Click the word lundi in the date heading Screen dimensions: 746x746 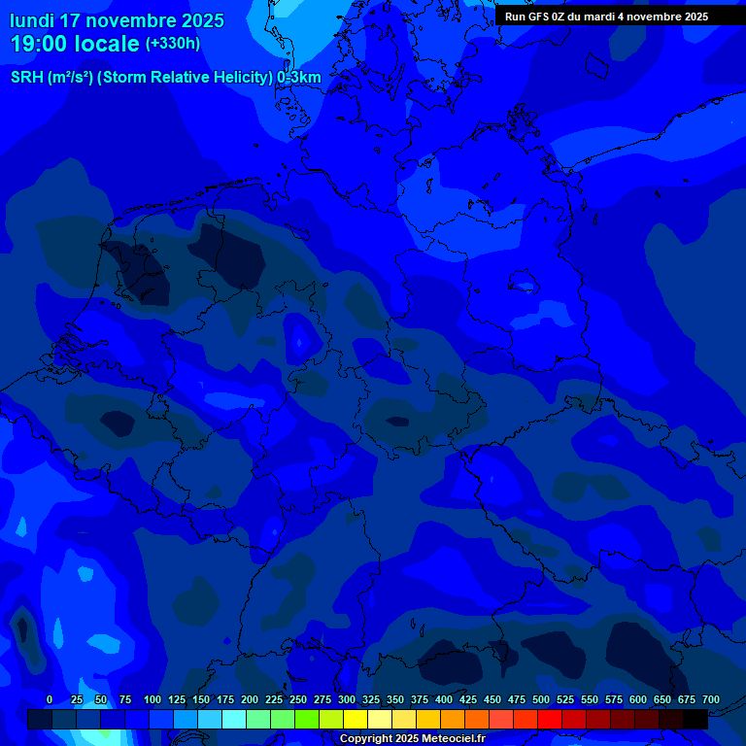(32, 20)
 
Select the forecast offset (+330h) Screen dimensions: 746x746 (173, 44)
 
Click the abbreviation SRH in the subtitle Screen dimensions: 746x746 (27, 78)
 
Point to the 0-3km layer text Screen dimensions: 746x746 (299, 78)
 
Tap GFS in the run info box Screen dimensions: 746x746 (540, 17)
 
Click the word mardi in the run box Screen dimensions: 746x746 (605, 17)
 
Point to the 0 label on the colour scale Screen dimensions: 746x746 (50, 699)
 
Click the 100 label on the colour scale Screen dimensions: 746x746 (153, 699)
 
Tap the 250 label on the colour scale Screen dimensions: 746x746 (298, 699)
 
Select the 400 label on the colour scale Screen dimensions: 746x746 (444, 699)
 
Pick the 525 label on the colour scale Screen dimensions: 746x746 (565, 699)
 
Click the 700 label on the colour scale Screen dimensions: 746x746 (711, 699)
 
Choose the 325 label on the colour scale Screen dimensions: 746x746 (371, 699)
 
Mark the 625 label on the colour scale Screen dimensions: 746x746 (662, 699)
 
